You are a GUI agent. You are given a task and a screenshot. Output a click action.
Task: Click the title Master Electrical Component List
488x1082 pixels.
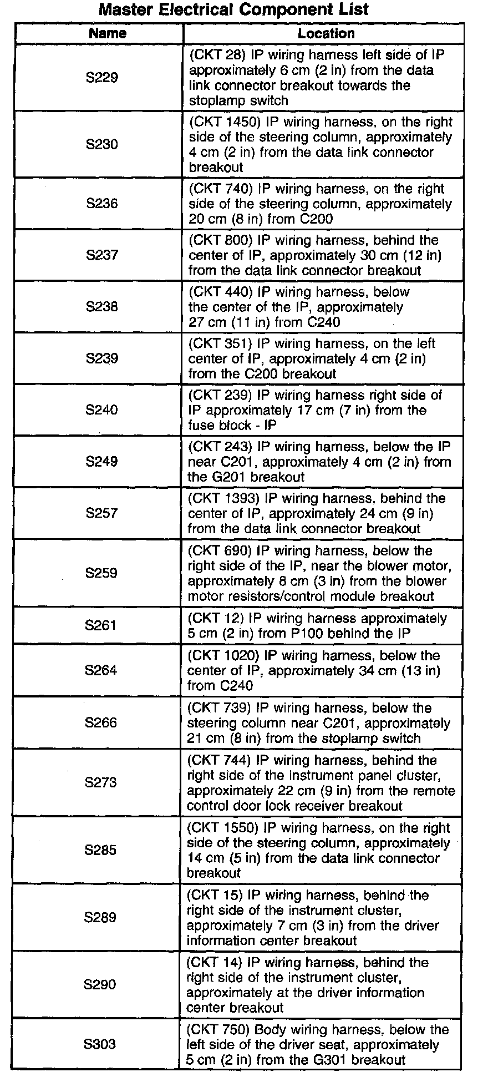click(233, 10)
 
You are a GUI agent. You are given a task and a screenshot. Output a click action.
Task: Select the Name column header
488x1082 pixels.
click(108, 33)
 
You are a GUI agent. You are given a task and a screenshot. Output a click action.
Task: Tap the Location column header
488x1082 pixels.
click(326, 33)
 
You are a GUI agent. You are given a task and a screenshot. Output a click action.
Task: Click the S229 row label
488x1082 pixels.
click(102, 78)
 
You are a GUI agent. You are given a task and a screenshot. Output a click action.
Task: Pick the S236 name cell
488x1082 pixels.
click(102, 204)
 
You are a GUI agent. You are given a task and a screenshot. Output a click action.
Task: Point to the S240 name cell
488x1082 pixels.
click(102, 410)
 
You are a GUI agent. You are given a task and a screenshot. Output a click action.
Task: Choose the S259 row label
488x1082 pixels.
click(101, 573)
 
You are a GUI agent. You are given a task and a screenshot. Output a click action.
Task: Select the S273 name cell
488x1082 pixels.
click(101, 782)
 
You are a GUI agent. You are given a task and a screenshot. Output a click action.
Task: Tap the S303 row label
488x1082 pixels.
click(100, 1044)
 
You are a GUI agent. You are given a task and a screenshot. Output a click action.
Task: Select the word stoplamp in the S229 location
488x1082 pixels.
click(214, 100)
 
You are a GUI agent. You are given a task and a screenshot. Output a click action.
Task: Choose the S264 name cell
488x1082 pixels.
click(101, 670)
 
